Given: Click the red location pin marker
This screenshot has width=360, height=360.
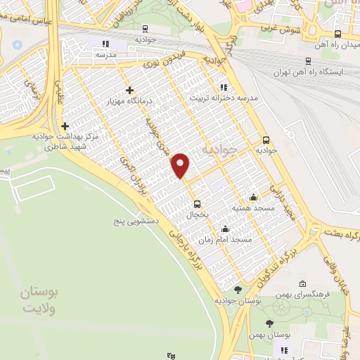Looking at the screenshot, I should (x=181, y=166).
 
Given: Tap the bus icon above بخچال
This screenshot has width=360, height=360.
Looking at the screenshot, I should (x=198, y=205).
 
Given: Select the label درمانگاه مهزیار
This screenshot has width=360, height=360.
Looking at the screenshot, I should (x=129, y=102).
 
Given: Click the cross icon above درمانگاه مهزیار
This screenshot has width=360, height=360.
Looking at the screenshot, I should (x=129, y=90).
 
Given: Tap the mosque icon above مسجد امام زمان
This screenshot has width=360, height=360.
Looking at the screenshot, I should (x=224, y=229).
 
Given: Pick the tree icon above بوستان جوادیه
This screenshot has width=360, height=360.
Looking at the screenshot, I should (x=238, y=289).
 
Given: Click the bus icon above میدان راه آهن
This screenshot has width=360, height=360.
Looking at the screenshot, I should (x=338, y=34).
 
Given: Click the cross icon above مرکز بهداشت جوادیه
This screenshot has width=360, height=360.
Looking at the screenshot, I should (x=65, y=125).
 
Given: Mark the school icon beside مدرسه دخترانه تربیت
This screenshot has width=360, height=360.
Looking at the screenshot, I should (x=224, y=87).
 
